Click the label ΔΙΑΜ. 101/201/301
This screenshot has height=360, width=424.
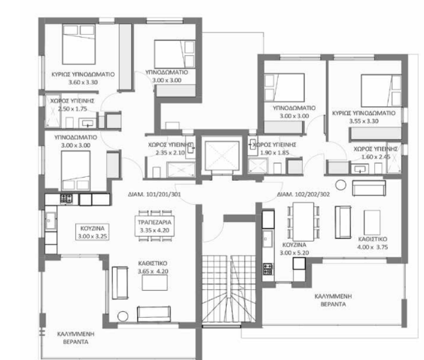point(154,194)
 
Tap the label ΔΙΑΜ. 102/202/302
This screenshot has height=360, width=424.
point(304,194)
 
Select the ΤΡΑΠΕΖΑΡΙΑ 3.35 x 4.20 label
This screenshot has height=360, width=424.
point(154,226)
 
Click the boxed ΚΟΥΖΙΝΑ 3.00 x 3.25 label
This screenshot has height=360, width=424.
point(93,232)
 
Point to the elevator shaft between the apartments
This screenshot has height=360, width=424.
point(222,155)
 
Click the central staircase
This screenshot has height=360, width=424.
point(229,288)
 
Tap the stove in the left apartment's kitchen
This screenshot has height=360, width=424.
point(66,199)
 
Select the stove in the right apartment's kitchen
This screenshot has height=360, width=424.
point(267,269)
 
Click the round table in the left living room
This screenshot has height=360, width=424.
point(123,316)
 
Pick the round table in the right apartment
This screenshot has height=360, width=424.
point(340,185)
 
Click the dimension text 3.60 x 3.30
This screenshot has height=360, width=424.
point(83,82)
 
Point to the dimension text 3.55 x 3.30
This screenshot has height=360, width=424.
point(364,121)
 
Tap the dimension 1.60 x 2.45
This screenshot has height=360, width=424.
point(376,157)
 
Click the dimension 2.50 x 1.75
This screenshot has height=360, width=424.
point(72,108)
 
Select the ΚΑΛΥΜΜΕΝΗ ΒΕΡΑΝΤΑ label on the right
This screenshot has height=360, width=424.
point(333,301)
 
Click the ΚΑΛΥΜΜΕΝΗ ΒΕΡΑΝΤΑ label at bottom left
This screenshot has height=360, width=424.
point(76,338)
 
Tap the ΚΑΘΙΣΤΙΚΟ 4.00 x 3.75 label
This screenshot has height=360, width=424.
point(372,243)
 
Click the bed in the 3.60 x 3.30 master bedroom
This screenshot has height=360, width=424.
point(78,44)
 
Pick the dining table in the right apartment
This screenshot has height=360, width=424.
point(304,221)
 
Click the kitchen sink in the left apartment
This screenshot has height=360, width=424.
point(50,220)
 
